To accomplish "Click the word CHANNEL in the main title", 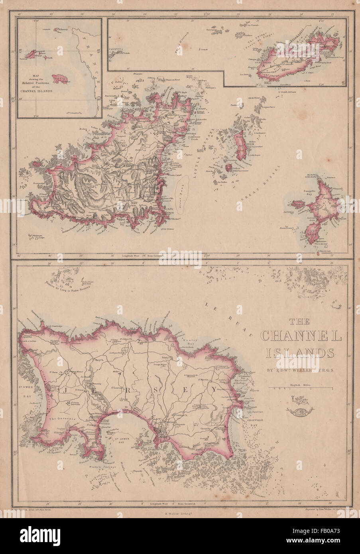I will [x=301, y=336].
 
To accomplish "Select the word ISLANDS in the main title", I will [x=298, y=353].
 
